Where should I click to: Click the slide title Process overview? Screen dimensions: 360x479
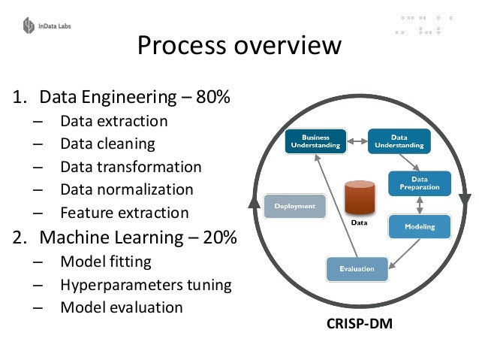[239, 47]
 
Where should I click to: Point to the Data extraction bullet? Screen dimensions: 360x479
[113, 121]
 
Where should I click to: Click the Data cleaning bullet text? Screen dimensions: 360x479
[107, 144]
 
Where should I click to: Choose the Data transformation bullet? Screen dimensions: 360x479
[131, 167]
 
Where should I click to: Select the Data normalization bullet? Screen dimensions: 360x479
[126, 189]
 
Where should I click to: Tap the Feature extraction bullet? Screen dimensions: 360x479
[124, 213]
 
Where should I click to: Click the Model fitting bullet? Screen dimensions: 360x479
[105, 262]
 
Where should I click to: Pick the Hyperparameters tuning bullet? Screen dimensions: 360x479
[146, 285]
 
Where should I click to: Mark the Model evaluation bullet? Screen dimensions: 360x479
[121, 307]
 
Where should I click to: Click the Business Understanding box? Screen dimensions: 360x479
[315, 141]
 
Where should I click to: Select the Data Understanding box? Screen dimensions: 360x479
[399, 141]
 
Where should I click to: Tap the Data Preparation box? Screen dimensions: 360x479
[419, 183]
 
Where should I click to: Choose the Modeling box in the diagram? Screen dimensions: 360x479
[419, 226]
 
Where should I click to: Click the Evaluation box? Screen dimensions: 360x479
[357, 268]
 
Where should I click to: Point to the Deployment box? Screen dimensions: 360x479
[294, 205]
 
